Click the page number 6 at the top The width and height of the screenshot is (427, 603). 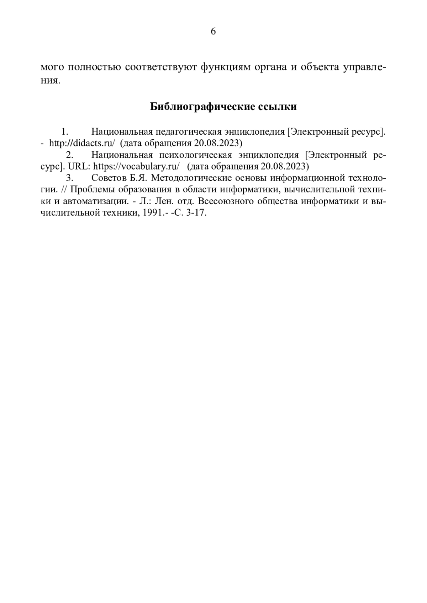[213, 32]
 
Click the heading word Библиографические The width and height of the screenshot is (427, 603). [198, 107]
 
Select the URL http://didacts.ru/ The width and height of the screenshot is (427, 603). [82, 143]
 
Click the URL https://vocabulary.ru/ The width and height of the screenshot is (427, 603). [137, 167]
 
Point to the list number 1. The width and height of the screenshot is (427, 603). [64, 132]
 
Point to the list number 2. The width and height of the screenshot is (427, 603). [70, 155]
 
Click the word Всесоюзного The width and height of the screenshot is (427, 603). [221, 201]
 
